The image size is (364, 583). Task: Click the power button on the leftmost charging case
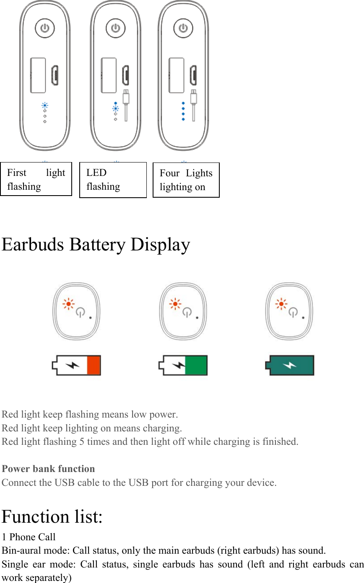pyautogui.click(x=45, y=28)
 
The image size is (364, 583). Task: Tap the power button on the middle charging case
pyautogui.click(x=116, y=28)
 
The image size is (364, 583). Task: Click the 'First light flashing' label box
pyautogui.click(x=36, y=179)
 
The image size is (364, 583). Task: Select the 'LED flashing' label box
pyautogui.click(x=113, y=180)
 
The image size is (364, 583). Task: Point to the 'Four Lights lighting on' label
pyautogui.click(x=186, y=180)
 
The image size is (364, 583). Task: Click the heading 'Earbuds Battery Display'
pyautogui.click(x=96, y=245)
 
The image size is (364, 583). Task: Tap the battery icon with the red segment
pyautogui.click(x=76, y=365)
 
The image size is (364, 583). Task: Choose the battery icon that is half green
pyautogui.click(x=183, y=365)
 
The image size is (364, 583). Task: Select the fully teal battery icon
pyautogui.click(x=290, y=365)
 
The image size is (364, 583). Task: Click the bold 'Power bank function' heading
pyautogui.click(x=48, y=469)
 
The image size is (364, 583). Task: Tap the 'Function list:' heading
pyautogui.click(x=52, y=517)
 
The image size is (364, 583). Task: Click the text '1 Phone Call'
pyautogui.click(x=29, y=537)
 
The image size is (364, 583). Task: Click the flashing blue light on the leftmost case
pyautogui.click(x=45, y=106)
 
